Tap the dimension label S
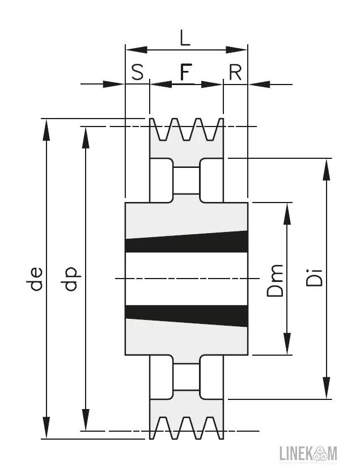[137, 72]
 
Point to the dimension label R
[235, 72]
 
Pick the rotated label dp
[70, 279]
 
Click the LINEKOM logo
[309, 453]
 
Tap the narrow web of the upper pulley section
[186, 180]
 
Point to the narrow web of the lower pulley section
[186, 377]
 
